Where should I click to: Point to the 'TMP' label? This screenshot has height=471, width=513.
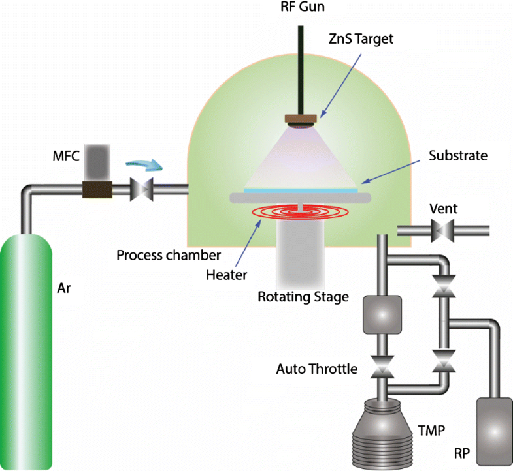point(431,430)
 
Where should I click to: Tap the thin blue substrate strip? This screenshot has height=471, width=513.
point(301,189)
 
